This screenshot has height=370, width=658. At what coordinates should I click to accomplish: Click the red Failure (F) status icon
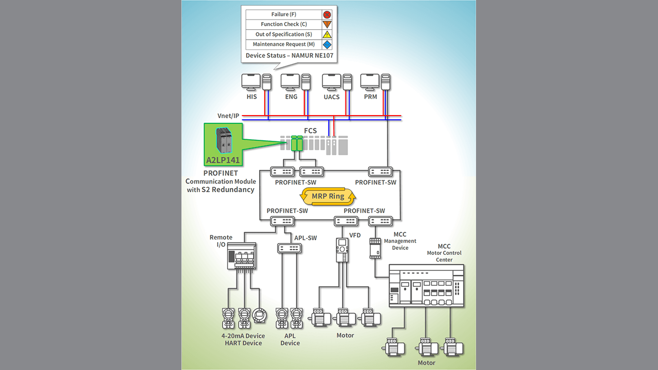click(326, 14)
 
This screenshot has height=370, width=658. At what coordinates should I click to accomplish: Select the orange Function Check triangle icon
click(326, 24)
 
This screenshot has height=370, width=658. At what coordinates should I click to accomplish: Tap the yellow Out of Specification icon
click(326, 34)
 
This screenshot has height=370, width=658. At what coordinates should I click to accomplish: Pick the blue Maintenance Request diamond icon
click(326, 45)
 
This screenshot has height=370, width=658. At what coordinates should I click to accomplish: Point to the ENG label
click(291, 97)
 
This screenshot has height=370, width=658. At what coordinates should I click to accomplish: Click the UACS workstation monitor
click(332, 82)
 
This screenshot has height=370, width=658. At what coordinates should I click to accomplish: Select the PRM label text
click(370, 97)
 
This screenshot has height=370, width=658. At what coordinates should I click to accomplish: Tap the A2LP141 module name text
click(223, 160)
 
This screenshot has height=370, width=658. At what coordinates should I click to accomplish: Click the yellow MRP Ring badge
click(328, 196)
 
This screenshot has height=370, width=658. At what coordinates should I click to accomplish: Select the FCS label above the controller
click(310, 131)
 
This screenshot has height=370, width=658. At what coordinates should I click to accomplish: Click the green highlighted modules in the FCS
click(297, 143)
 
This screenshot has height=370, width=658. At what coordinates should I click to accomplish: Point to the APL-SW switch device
click(289, 248)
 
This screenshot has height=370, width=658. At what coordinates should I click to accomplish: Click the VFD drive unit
click(342, 250)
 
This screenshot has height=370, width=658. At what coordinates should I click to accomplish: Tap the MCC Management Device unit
click(375, 248)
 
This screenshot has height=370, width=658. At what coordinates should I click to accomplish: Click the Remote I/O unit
click(241, 256)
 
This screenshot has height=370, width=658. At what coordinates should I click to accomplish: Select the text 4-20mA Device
click(243, 336)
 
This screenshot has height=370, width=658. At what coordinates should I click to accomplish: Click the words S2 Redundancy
click(228, 190)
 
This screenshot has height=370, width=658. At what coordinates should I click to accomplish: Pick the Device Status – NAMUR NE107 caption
click(289, 55)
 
